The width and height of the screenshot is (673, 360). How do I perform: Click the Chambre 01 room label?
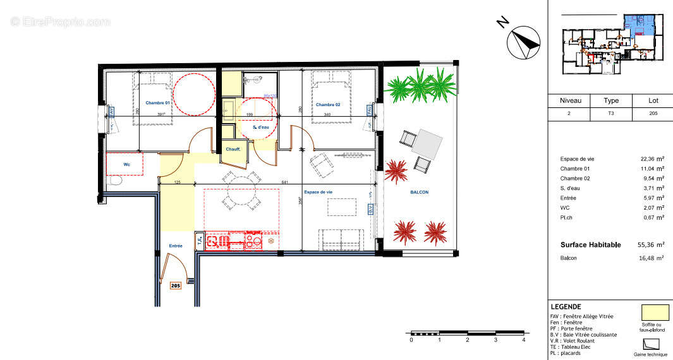[x=158, y=103]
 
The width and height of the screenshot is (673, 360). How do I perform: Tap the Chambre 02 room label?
[x=328, y=104]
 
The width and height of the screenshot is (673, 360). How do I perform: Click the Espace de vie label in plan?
[x=317, y=192]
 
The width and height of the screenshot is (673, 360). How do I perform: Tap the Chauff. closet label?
[x=233, y=149]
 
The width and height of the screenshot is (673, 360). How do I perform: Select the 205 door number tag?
[x=176, y=285]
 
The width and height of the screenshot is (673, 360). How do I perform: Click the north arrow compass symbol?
[x=523, y=41]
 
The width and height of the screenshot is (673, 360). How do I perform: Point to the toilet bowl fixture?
[x=114, y=181]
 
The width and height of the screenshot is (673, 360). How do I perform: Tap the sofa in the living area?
[x=341, y=238]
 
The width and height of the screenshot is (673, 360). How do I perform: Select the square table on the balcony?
[x=427, y=144]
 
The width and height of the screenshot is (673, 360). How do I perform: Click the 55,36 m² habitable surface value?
[x=651, y=244]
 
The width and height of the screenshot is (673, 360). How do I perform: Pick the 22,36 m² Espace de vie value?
[x=651, y=159]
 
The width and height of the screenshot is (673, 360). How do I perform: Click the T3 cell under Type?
[x=611, y=114]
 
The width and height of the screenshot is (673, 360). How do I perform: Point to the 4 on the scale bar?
[x=524, y=340]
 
